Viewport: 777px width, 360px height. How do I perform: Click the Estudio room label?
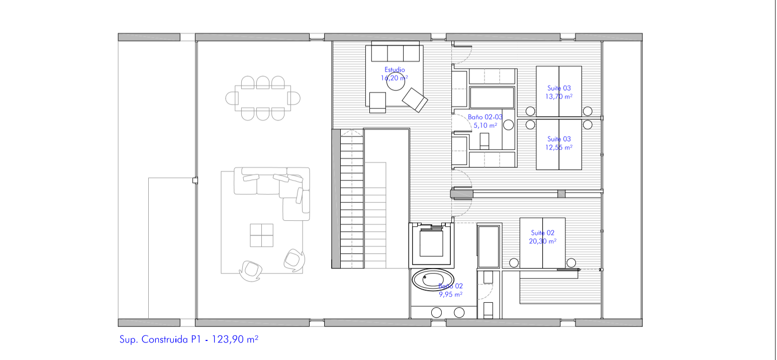(395, 70)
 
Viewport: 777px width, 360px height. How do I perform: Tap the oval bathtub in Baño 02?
(433, 280)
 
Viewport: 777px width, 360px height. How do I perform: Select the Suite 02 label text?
(542, 233)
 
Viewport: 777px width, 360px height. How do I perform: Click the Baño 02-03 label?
(485, 117)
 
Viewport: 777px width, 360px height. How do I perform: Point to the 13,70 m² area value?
(558, 97)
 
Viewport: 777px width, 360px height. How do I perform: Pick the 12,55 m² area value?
(558, 147)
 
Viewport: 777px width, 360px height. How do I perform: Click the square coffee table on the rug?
(261, 235)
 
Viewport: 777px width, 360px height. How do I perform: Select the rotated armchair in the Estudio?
(415, 100)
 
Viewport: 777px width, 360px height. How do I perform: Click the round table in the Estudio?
(396, 81)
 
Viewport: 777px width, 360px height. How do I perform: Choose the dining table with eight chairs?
(262, 98)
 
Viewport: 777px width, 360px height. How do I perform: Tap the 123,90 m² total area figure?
(235, 339)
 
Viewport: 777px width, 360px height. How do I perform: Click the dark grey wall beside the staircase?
(336, 199)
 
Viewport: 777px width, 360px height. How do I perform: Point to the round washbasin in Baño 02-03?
(508, 125)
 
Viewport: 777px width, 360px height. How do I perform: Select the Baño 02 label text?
(450, 286)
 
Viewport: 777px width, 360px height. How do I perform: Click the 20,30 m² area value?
(542, 241)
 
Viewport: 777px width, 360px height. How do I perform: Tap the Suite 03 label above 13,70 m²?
(559, 88)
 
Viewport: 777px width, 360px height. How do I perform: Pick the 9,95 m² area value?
(450, 295)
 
